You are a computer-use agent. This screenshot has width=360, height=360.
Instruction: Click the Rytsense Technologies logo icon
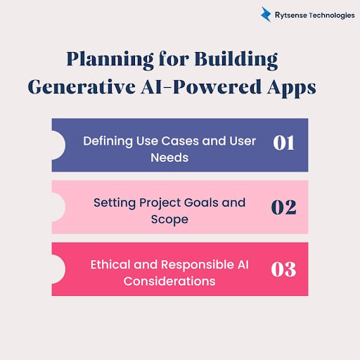point(266,14)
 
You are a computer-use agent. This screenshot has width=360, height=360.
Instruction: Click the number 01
point(283,143)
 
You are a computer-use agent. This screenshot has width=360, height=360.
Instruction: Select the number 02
point(283,207)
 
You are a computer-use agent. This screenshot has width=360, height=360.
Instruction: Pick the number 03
point(283,269)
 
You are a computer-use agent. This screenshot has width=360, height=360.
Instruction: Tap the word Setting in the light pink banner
point(115,202)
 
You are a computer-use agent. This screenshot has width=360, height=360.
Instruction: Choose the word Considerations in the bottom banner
point(169,281)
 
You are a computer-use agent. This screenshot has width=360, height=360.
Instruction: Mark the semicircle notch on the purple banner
point(58,146)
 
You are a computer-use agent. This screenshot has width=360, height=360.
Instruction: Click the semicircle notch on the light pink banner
point(58,207)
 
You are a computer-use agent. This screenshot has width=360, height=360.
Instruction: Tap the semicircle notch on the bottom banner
point(58,270)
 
